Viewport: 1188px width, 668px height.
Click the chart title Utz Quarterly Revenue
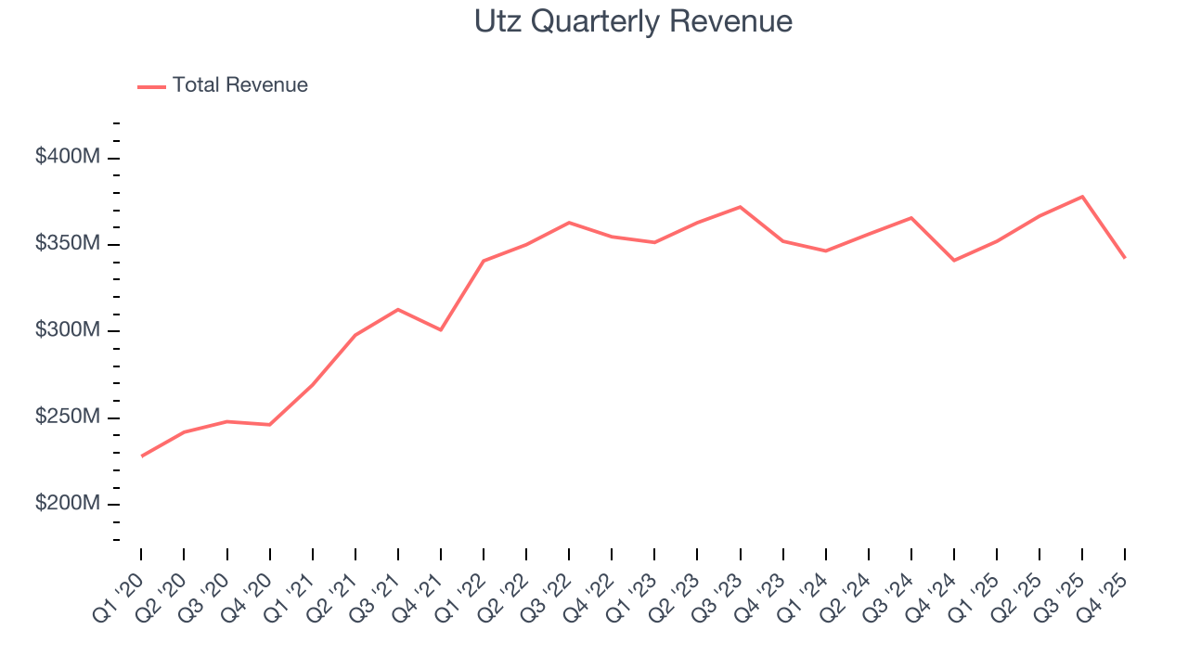tap(633, 21)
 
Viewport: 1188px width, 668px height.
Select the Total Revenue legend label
tap(239, 85)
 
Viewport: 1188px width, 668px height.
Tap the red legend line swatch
tap(151, 86)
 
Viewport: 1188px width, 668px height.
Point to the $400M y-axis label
tap(67, 158)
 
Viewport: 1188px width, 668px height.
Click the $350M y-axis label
tap(67, 244)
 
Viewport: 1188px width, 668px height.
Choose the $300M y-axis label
tap(67, 331)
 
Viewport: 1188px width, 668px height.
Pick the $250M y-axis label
tap(67, 417)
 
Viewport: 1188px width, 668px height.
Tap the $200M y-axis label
tap(67, 504)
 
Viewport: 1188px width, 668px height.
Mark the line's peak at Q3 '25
tap(1082, 197)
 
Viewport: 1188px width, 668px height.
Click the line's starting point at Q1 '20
tap(141, 456)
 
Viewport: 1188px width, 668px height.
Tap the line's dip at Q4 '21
tap(441, 329)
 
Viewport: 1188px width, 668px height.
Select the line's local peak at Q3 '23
tap(740, 207)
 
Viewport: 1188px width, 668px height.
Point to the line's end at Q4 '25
tap(1125, 257)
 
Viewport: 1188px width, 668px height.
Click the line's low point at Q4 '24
tap(954, 260)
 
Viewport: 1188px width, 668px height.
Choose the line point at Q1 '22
tap(484, 261)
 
